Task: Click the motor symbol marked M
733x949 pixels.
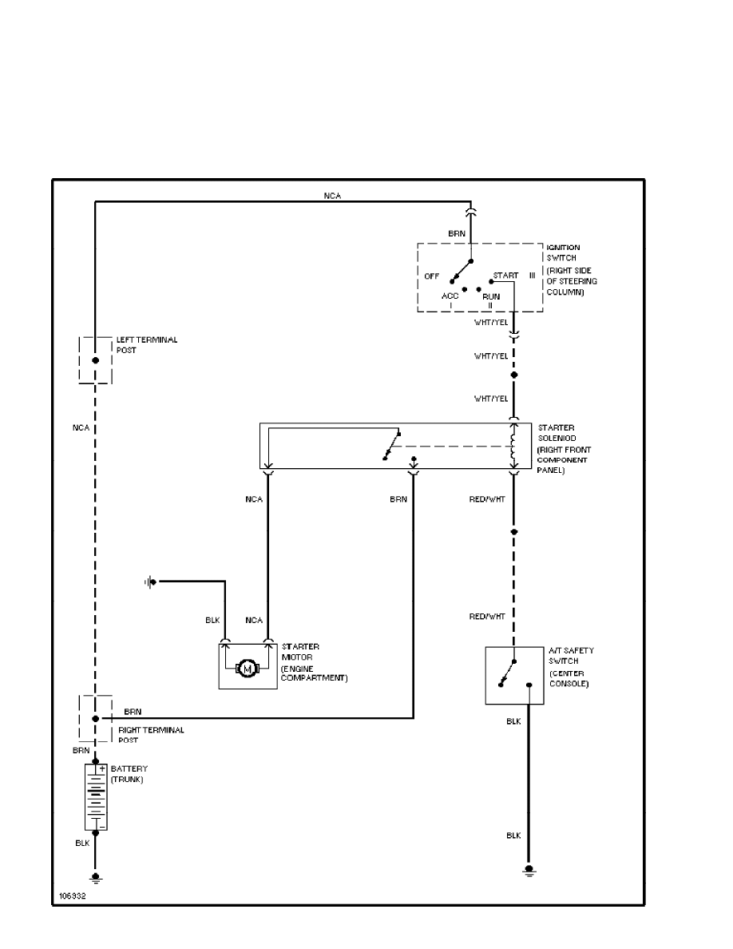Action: pyautogui.click(x=247, y=668)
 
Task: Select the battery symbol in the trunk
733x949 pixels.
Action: pyautogui.click(x=96, y=796)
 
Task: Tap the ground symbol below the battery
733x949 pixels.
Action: pyautogui.click(x=96, y=878)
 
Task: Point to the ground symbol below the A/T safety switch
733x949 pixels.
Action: pyautogui.click(x=529, y=871)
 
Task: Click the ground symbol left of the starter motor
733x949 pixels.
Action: pyautogui.click(x=151, y=582)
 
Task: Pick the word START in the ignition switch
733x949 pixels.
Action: pyautogui.click(x=505, y=276)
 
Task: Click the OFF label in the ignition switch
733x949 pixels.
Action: pyautogui.click(x=431, y=276)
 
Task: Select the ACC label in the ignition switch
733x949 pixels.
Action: pyautogui.click(x=450, y=296)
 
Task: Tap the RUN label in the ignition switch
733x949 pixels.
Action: pyautogui.click(x=491, y=296)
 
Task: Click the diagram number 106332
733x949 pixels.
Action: pyautogui.click(x=73, y=895)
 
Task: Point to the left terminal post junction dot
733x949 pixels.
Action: pyautogui.click(x=95, y=360)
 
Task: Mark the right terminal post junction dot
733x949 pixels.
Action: pyautogui.click(x=95, y=718)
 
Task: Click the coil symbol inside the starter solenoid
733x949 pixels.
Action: pyautogui.click(x=513, y=446)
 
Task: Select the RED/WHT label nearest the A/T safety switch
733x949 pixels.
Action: pyautogui.click(x=487, y=616)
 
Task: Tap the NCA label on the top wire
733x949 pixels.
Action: pyautogui.click(x=332, y=196)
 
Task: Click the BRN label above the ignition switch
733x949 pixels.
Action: pyautogui.click(x=457, y=233)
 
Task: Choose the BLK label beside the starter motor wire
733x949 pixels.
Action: pyautogui.click(x=212, y=621)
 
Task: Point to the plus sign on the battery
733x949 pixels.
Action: pyautogui.click(x=102, y=768)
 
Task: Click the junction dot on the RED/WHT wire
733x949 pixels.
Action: pyautogui.click(x=513, y=532)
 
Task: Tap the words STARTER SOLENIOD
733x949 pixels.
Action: pyautogui.click(x=557, y=433)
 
